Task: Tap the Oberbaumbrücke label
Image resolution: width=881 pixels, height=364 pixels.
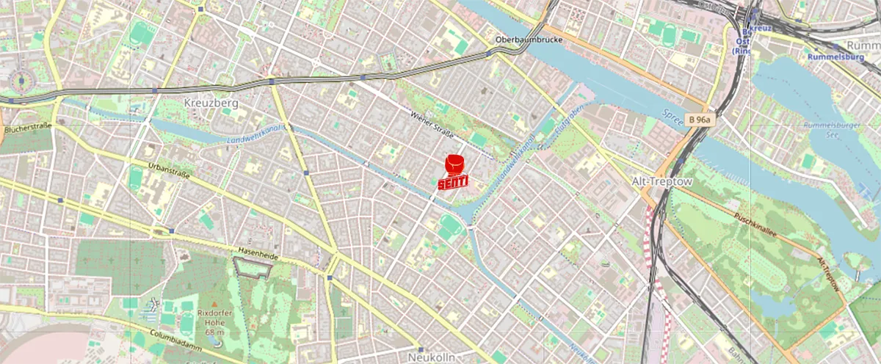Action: click(x=529, y=40)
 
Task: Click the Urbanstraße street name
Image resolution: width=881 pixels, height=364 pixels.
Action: click(x=170, y=173)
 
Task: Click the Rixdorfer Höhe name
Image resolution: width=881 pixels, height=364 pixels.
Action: click(x=214, y=316)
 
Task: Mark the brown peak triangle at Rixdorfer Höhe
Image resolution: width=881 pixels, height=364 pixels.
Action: click(x=214, y=303)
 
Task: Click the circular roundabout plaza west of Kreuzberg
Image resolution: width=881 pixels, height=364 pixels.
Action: click(x=20, y=79)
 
